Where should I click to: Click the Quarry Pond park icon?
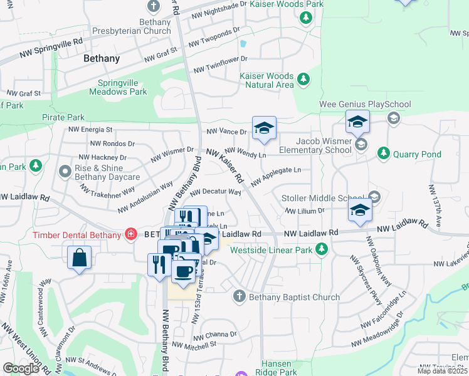pyautogui.click(x=383, y=154)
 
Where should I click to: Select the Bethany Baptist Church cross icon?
pyautogui.click(x=239, y=296)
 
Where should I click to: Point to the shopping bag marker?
pyautogui.click(x=80, y=258)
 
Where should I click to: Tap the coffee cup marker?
pyautogui.click(x=183, y=272)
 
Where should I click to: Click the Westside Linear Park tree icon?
pyautogui.click(x=322, y=250)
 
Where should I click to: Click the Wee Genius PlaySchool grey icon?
pyautogui.click(x=393, y=118)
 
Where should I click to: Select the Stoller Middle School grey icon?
pyautogui.click(x=374, y=198)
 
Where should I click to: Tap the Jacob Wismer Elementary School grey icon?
pyautogui.click(x=361, y=145)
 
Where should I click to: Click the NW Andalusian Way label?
pyautogui.click(x=145, y=196)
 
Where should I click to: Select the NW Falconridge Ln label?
pyautogui.click(x=384, y=310)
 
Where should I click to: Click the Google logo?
pyautogui.click(x=21, y=368)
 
